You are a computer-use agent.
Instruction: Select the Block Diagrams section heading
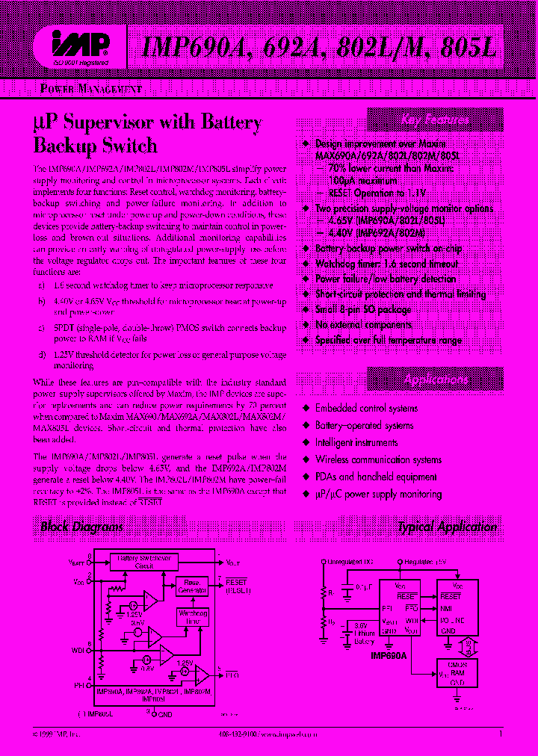tap(82, 527)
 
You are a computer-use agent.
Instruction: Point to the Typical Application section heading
tap(447, 527)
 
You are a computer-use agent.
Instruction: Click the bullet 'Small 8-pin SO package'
tap(362, 309)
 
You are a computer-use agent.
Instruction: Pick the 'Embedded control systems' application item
tap(366, 409)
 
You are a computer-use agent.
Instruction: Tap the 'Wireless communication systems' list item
tap(378, 460)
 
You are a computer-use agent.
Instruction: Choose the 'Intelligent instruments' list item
tap(356, 443)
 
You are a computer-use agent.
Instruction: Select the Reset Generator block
tap(192, 587)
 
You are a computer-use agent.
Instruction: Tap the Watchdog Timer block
tap(192, 616)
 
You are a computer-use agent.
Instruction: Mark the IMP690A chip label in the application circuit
tap(395, 652)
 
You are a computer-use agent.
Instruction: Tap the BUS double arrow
tap(467, 644)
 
